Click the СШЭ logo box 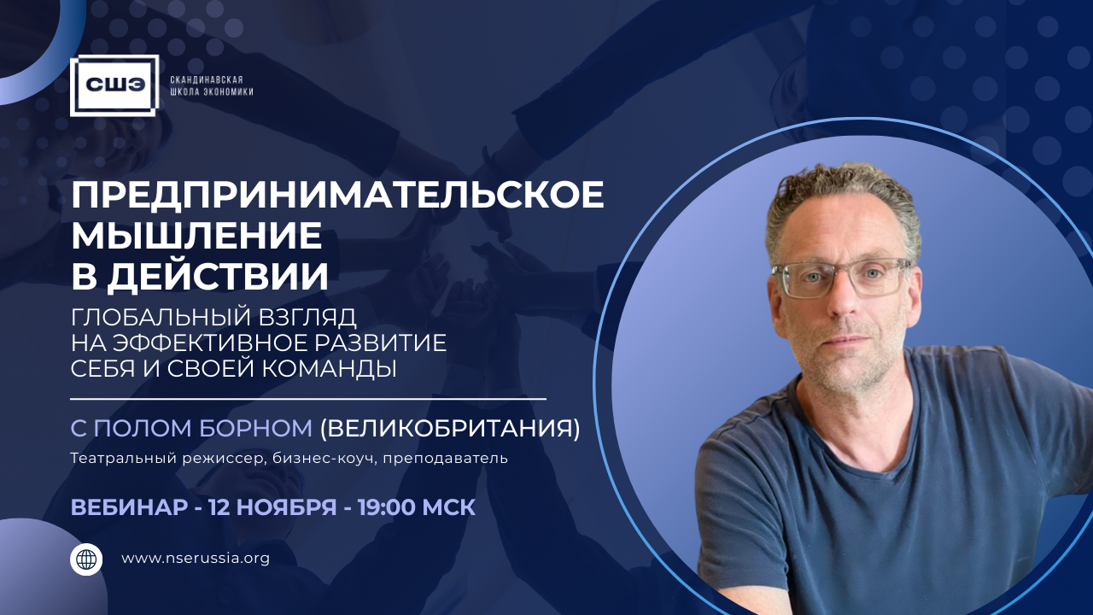114,85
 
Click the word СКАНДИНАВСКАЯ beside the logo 207,79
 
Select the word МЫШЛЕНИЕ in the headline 196,237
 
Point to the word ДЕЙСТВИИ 218,278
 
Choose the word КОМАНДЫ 330,368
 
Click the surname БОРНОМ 255,428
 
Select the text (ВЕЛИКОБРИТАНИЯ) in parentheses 450,428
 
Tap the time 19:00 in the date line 387,507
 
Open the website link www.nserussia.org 196,558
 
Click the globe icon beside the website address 86,559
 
